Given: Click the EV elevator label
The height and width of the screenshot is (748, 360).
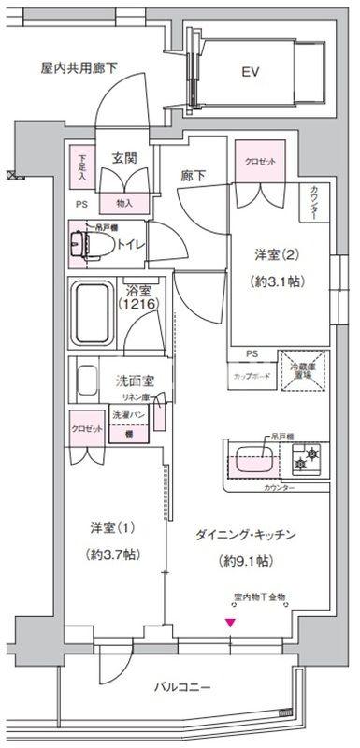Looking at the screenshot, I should (x=250, y=71).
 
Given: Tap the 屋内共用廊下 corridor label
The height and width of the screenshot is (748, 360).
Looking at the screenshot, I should (x=79, y=68).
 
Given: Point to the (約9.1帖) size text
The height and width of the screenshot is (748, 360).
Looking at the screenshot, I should (x=246, y=561).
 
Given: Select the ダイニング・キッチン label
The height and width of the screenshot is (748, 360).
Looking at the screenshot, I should (x=247, y=535).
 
